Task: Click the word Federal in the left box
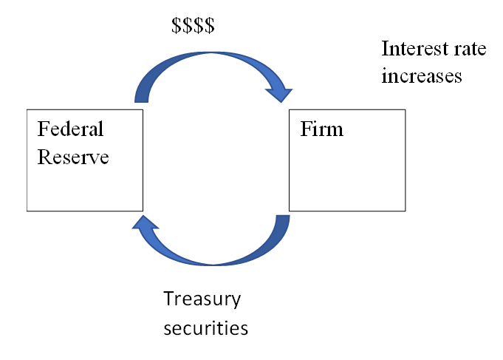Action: pos(70,129)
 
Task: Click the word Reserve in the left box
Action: pos(73,157)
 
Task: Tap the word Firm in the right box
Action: pos(321,129)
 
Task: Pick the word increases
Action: pos(421,75)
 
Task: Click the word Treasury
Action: pos(202,299)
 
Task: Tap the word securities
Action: pos(205,327)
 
